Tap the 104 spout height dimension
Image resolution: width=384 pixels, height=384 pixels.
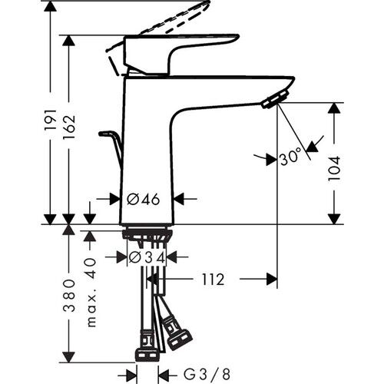click(x=333, y=162)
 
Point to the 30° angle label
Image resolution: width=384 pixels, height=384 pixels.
click(x=290, y=158)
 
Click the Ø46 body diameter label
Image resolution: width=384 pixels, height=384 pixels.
click(x=144, y=199)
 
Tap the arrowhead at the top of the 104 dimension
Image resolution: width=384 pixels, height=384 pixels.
click(x=333, y=108)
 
